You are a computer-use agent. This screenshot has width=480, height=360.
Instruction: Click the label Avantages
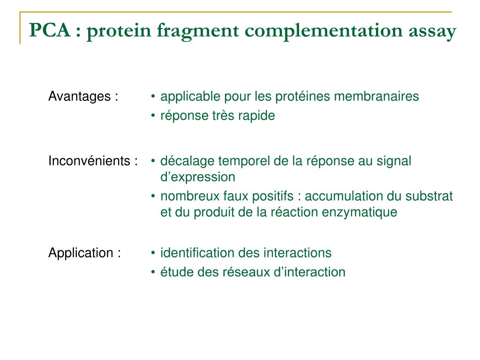(x=79, y=97)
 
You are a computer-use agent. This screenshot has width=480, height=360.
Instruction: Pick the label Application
(x=81, y=253)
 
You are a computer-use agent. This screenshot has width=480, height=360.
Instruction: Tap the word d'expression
(x=197, y=177)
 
